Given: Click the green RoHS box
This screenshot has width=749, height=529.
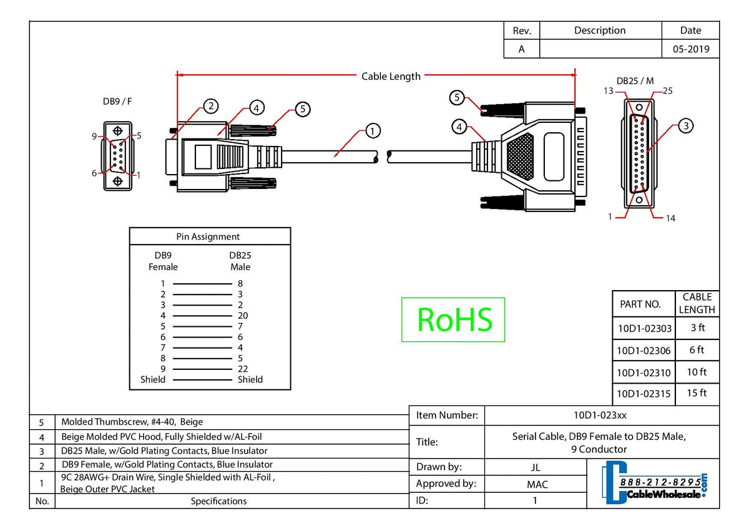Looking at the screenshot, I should pos(453,319).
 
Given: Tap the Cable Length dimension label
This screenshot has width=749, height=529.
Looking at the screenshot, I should pos(391,76).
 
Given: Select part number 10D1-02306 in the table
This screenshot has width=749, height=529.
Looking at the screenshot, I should pos(644,351).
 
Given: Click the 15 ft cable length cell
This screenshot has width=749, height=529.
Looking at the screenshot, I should pos(697,393).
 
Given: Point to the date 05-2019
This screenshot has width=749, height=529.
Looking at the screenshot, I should pos(690,49).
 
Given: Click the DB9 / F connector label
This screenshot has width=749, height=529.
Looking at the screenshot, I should pos(117,101).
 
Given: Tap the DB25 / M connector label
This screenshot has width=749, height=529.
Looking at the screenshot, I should pos(635,81).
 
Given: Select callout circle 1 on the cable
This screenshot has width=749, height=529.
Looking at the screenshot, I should pos(372,131).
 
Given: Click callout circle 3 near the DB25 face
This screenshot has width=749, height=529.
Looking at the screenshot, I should pos(685,126).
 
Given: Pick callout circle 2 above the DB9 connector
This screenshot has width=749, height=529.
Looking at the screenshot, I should pos(212,106).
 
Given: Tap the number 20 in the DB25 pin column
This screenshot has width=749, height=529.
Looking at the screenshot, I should pos(243,316).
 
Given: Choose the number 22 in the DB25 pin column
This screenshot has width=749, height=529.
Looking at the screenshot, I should pos(243,369).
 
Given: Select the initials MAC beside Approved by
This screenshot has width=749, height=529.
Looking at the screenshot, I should pos(537,484).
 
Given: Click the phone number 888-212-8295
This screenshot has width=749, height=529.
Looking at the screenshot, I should pos(659,483).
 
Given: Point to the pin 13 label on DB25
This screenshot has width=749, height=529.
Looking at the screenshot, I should pos(608,91).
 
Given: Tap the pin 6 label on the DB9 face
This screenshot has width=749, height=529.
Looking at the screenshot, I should pos(95,173).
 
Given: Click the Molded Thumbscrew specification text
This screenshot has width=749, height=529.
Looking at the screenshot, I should pos(132,422).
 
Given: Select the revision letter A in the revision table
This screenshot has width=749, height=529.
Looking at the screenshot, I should pos(521,49).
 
